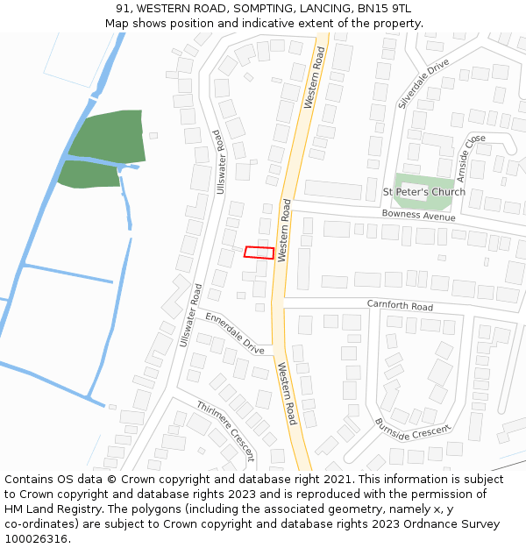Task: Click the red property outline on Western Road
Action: click(259, 253)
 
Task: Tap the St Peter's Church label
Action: click(424, 192)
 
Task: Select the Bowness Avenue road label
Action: click(418, 215)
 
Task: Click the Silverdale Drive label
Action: click(423, 84)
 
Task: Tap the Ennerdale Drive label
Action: click(235, 333)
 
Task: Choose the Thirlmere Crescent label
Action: click(225, 431)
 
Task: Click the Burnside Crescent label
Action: click(411, 428)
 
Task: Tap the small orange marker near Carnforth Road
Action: click(487, 261)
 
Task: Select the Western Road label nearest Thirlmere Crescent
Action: click(287, 394)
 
